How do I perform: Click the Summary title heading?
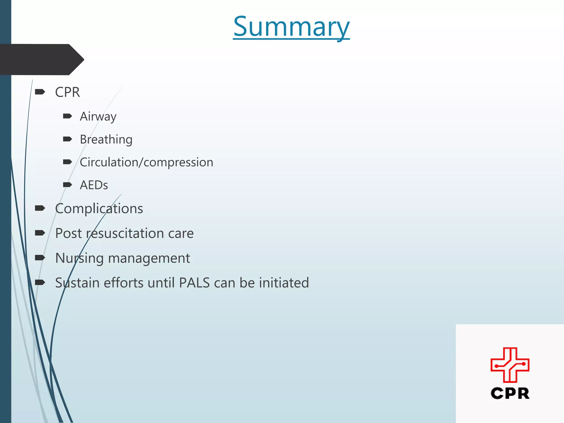coord(291,27)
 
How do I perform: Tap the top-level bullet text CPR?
coord(67,92)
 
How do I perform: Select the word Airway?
coord(98,116)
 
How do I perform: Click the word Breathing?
coord(106,139)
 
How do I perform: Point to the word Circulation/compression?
coord(146,162)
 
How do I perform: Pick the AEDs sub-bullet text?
coord(94,185)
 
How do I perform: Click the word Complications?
coord(99,208)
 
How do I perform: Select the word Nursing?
coord(79,258)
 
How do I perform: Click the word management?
coord(149,258)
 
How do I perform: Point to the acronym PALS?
coord(194,283)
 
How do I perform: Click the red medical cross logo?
coord(510,365)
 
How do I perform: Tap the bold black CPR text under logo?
coord(510,393)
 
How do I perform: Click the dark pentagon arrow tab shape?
coord(41,59)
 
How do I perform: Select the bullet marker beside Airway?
coord(67,116)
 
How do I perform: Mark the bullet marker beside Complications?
coord(40,208)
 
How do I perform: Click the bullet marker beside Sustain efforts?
coord(40,282)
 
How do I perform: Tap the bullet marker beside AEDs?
coord(67,185)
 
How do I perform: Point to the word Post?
coord(68,233)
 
